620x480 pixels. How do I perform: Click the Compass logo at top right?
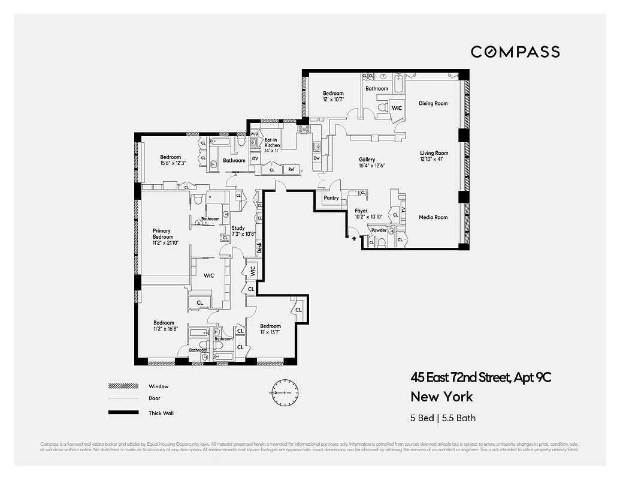click(515, 52)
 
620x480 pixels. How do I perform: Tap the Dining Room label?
click(433, 104)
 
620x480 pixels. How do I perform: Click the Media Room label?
click(433, 217)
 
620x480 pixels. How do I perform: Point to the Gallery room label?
click(367, 160)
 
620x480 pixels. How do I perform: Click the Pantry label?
click(331, 197)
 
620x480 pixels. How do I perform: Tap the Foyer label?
click(361, 211)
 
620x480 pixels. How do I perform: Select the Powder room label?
click(379, 230)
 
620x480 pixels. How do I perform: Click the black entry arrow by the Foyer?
click(354, 238)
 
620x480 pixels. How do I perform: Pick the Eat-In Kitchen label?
click(272, 143)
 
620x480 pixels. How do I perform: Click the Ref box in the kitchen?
click(292, 170)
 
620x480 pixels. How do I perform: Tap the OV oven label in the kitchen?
click(255, 158)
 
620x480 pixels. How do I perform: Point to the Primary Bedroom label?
click(162, 234)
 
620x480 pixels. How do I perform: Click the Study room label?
click(238, 228)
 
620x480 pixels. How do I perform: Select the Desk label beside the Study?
click(259, 247)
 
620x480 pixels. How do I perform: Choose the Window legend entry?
click(158, 386)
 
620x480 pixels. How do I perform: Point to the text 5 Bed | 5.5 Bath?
click(443, 418)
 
